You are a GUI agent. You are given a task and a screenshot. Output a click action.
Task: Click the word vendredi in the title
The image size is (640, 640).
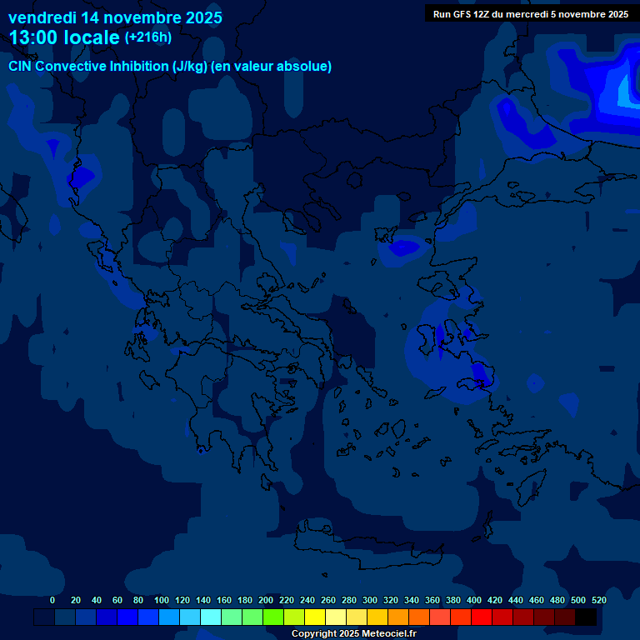[42, 17]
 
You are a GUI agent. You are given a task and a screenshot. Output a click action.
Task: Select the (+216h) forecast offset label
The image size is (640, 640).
[147, 37]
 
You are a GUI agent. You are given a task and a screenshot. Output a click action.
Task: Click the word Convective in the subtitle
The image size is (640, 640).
[70, 67]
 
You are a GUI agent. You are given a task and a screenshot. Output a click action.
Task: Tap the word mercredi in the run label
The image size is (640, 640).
[529, 14]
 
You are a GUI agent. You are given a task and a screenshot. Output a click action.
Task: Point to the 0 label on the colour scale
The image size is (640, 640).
[52, 600]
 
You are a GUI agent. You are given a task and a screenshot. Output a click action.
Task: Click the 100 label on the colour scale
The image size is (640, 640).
[162, 600]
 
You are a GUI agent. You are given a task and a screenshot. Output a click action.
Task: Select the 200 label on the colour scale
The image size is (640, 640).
[266, 600]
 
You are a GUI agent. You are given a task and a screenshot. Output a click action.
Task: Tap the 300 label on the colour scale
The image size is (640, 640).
[370, 600]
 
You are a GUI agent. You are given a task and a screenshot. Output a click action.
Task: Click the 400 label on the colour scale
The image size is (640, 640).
[474, 600]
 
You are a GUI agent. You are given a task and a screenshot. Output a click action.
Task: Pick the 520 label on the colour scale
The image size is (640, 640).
[598, 600]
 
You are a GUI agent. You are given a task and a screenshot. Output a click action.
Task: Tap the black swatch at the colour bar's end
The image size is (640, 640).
[586, 617]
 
